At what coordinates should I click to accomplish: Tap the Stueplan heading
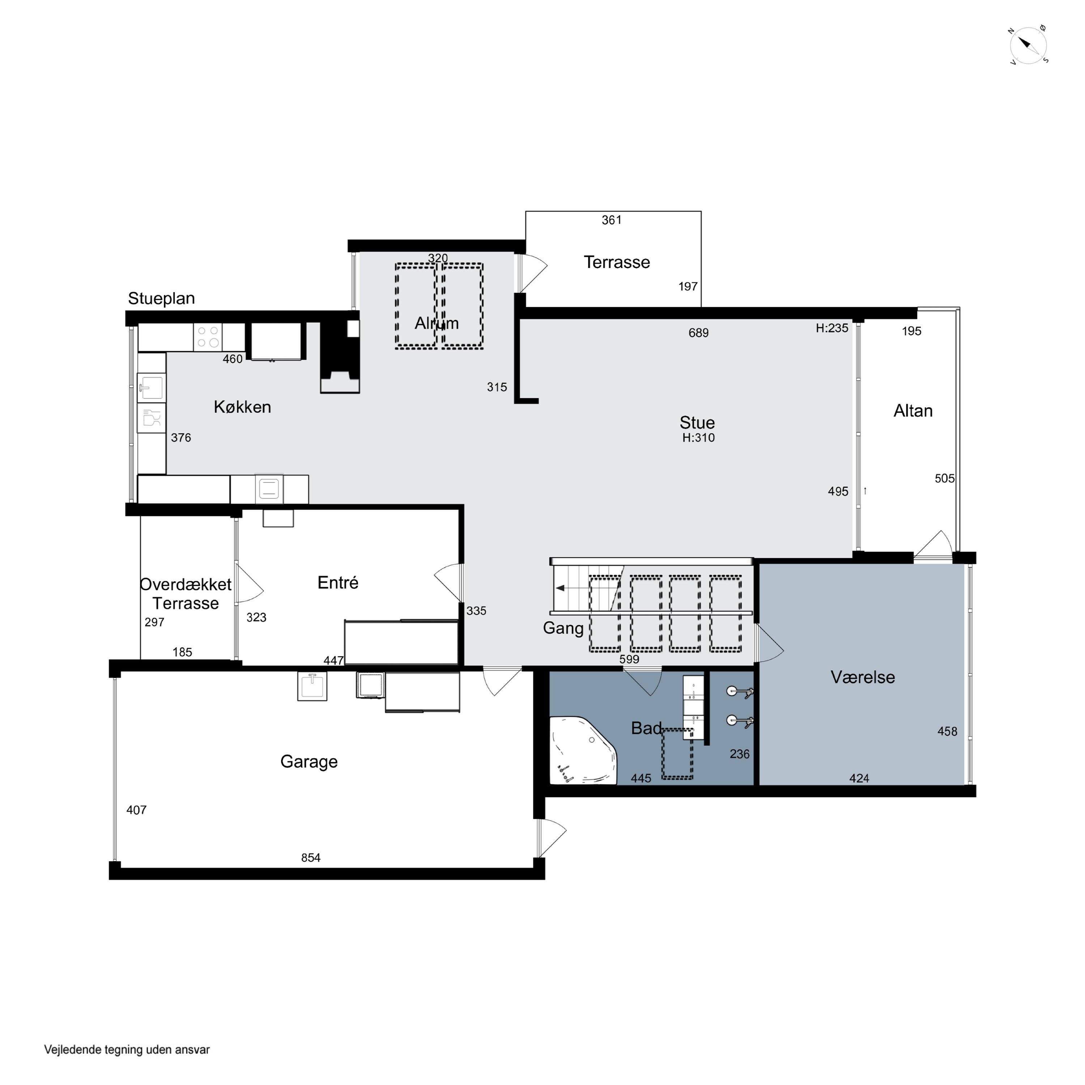161,299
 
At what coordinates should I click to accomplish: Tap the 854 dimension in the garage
311,858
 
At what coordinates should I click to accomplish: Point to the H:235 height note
832,328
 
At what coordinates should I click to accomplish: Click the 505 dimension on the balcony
945,478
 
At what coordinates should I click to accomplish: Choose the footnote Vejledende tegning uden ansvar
127,1050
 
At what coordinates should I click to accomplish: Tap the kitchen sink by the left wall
152,387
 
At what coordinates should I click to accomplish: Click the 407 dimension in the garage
136,810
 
